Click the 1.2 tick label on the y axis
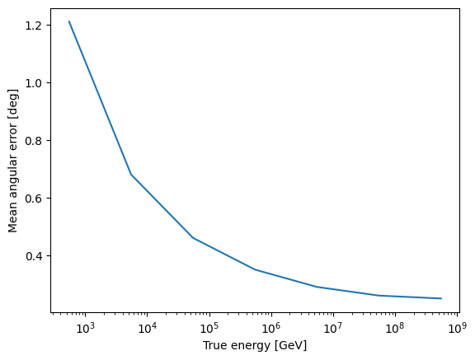coord(34,26)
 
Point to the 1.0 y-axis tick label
coord(34,83)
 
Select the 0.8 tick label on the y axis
coord(34,141)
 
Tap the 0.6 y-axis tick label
coord(34,199)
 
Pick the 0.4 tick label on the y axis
coord(34,256)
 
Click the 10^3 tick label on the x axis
coord(85,329)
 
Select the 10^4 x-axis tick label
coord(147,329)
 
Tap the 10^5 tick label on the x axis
coord(209,329)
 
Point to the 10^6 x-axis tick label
coord(270,329)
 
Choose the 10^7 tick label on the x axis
coord(332,329)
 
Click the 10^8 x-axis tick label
coord(394,329)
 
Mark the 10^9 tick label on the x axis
coord(456,329)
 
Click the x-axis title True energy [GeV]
coord(254,346)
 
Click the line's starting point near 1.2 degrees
coord(69,22)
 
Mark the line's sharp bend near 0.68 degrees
coord(131,175)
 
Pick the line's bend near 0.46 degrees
coord(193,238)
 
